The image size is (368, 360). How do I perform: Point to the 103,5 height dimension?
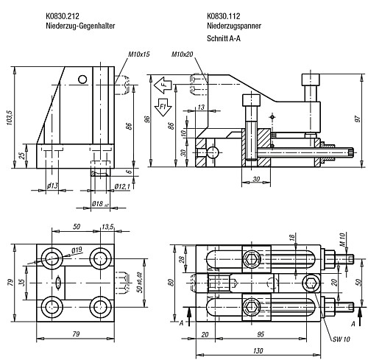click(x=11, y=117)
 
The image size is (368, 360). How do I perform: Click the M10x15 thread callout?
click(x=138, y=54)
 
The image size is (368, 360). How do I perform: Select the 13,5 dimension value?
click(x=107, y=227)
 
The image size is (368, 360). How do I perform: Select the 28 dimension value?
click(x=181, y=259)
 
